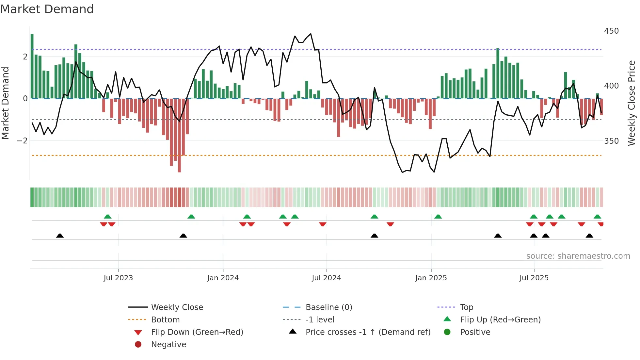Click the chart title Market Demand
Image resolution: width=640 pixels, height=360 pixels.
click(47, 9)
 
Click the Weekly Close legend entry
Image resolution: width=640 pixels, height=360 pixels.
click(177, 307)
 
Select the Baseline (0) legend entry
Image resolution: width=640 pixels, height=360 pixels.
click(328, 307)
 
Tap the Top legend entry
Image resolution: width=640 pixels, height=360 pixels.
click(466, 307)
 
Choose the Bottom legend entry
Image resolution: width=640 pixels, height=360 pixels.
click(165, 319)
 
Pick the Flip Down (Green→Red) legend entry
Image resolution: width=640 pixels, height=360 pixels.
click(197, 332)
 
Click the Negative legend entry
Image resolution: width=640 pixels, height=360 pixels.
click(168, 344)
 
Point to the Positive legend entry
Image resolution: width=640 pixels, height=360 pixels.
click(475, 332)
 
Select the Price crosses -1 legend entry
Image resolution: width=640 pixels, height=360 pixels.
click(368, 332)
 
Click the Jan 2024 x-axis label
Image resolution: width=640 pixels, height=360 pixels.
click(223, 278)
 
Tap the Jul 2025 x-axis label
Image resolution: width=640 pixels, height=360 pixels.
click(534, 278)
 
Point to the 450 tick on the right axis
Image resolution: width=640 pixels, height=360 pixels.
click(611, 31)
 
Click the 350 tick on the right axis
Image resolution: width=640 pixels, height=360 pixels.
click(611, 141)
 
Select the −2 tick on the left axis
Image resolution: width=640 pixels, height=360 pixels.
click(22, 141)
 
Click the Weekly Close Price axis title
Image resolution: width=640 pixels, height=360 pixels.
click(631, 103)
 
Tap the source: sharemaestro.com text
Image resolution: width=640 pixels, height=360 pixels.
click(578, 256)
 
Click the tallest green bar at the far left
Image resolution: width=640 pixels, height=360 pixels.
click(32, 65)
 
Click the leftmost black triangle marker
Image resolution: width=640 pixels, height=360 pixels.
click(60, 236)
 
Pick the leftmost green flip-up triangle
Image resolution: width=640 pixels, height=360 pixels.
click(107, 216)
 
